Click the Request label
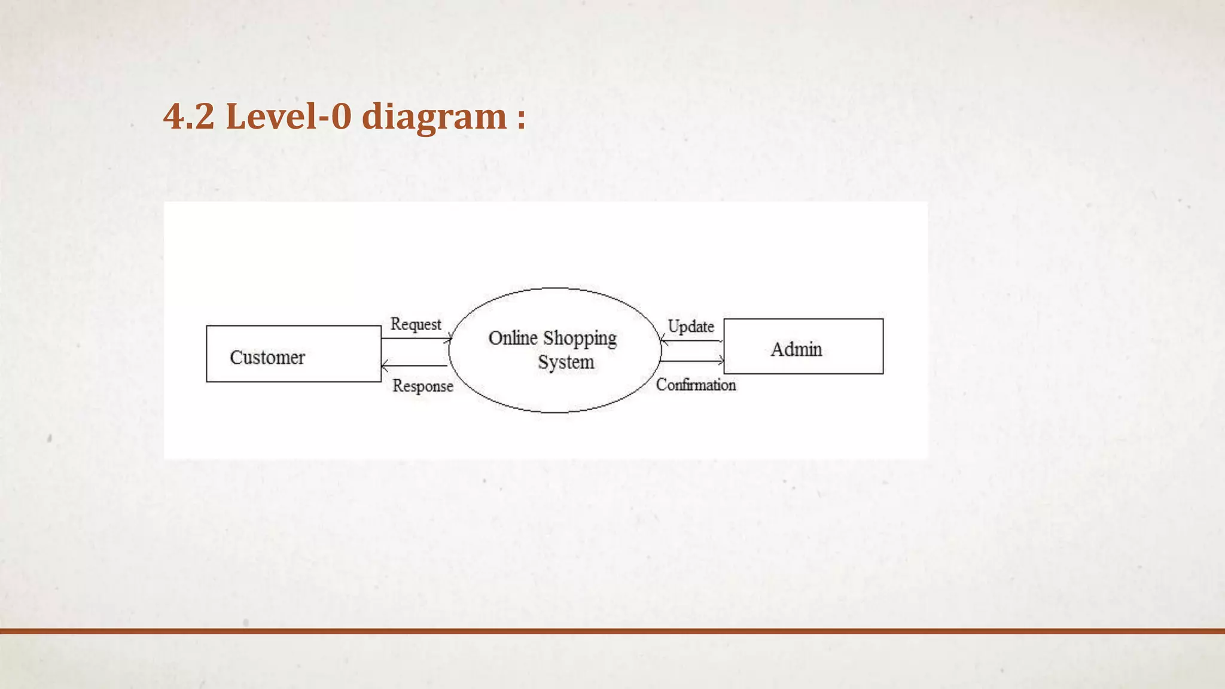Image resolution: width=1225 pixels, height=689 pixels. pyautogui.click(x=416, y=324)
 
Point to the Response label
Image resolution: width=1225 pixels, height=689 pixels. pyautogui.click(x=423, y=386)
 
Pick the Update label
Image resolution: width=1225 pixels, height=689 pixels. pyautogui.click(x=691, y=327)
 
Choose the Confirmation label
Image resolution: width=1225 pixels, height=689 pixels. pyautogui.click(x=696, y=385)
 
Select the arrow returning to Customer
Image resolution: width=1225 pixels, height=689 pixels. pyautogui.click(x=414, y=365)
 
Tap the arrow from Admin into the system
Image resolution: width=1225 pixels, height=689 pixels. pyautogui.click(x=692, y=342)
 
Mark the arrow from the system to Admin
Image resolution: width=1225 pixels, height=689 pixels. pyautogui.click(x=692, y=361)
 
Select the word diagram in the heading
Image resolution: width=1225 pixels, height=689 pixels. pyautogui.click(x=434, y=117)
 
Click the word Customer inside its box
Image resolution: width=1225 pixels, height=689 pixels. pyautogui.click(x=267, y=358)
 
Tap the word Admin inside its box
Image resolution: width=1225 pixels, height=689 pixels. pyautogui.click(x=796, y=349)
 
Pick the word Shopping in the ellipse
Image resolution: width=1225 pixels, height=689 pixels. pyautogui.click(x=580, y=339)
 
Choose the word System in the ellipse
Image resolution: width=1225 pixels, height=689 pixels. pyautogui.click(x=566, y=362)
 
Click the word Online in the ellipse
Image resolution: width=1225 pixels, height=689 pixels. pyautogui.click(x=513, y=338)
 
